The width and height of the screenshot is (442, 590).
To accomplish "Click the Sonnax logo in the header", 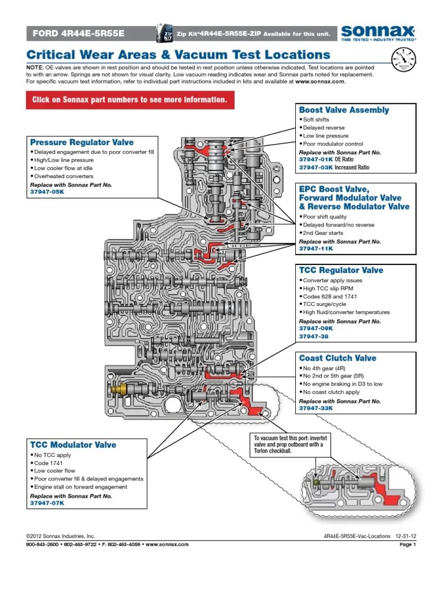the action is click(x=379, y=33).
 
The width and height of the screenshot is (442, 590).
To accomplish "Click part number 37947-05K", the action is click(x=47, y=192).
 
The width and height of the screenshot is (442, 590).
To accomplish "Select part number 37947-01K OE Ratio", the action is click(x=326, y=160).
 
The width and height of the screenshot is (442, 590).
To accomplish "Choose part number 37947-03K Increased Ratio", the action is click(x=334, y=168).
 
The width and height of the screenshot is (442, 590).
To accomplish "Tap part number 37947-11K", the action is click(x=316, y=249).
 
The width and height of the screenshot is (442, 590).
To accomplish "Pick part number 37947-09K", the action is click(x=316, y=328).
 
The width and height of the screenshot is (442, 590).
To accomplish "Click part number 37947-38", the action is click(x=314, y=336).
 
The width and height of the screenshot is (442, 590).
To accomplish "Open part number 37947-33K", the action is click(x=316, y=409).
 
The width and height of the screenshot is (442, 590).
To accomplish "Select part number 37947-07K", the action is click(x=47, y=503).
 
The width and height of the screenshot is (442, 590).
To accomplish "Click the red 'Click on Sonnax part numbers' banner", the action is click(x=130, y=100).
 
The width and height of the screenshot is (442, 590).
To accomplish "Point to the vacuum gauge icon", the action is click(x=403, y=59).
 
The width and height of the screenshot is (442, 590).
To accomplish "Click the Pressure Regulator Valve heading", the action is click(x=82, y=142).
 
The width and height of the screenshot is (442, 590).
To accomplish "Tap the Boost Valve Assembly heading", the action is click(x=344, y=110).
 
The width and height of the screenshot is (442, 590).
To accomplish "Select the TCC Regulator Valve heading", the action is click(x=341, y=270).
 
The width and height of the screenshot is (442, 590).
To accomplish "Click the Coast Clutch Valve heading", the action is click(x=337, y=358).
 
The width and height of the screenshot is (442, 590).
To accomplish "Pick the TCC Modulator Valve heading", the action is click(x=73, y=445).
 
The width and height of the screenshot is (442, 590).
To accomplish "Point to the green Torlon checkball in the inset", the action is click(x=316, y=482).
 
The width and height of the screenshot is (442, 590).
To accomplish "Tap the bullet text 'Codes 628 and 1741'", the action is click(x=330, y=297).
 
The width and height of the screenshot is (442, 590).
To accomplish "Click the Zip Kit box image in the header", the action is click(x=164, y=33).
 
